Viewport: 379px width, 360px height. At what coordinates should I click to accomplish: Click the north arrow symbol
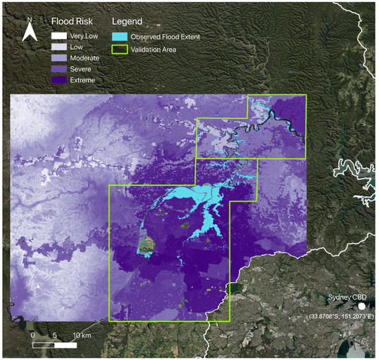(30, 32)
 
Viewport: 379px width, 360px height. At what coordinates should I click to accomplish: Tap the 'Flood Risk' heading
(72, 21)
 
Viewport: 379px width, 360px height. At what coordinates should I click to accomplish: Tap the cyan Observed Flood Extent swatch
(120, 36)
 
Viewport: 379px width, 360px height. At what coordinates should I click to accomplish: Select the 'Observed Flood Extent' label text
(165, 36)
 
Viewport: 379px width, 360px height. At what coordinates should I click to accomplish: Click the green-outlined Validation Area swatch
(120, 48)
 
